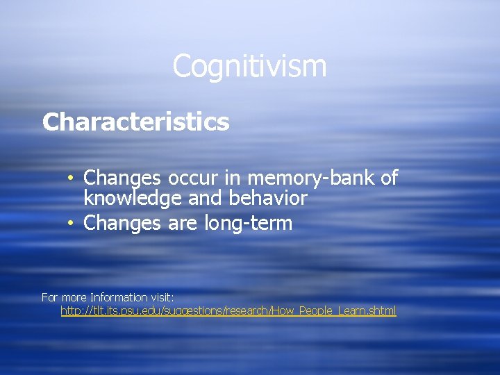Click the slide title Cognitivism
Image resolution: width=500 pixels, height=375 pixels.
pyautogui.click(x=249, y=67)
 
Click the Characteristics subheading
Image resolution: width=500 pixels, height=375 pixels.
pyautogui.click(x=135, y=122)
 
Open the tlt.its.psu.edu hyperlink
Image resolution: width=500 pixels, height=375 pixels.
pyautogui.click(x=228, y=311)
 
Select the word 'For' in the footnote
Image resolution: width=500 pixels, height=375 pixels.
pyautogui.click(x=49, y=297)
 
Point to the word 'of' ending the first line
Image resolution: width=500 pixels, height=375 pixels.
pyautogui.click(x=389, y=178)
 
